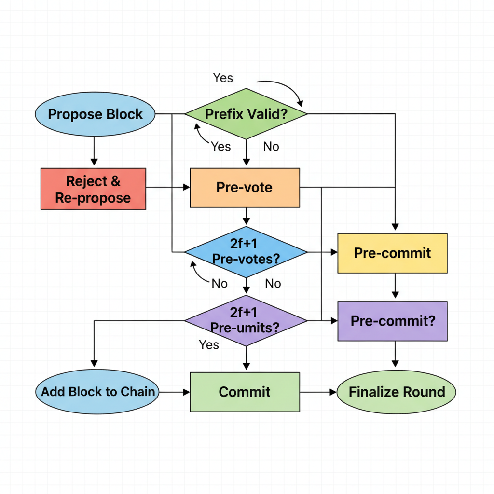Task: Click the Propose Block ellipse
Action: [x=95, y=114]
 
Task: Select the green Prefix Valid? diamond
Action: [x=246, y=114]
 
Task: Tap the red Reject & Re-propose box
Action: [x=93, y=189]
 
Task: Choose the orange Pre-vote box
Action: [x=245, y=188]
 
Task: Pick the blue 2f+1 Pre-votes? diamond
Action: [x=246, y=252]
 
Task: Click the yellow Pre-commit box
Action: [x=392, y=253]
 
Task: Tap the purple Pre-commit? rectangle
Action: [x=392, y=321]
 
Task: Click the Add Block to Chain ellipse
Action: [x=98, y=392]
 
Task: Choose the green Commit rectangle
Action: [x=245, y=392]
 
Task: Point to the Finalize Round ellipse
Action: [x=396, y=392]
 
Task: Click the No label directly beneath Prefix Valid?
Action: [x=271, y=147]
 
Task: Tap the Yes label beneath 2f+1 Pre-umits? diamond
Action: [x=209, y=344]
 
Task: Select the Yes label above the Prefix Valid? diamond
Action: [x=223, y=78]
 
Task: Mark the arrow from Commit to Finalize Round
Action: [x=318, y=392]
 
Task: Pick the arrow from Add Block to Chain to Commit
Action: [x=175, y=392]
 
